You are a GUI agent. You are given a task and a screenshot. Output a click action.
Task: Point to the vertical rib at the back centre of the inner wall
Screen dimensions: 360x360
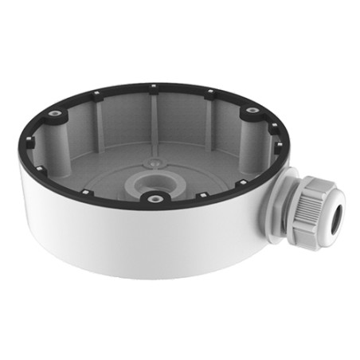tap(151, 112)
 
